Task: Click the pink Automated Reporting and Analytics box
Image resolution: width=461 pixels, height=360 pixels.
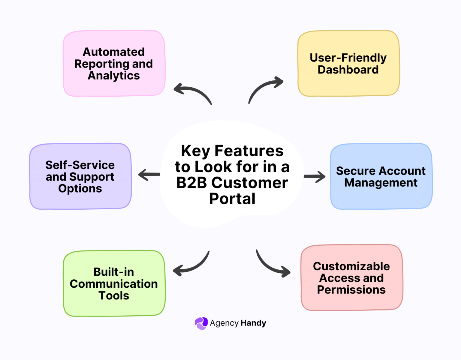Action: (114, 63)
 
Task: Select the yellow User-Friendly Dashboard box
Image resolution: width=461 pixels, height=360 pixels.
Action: (348, 63)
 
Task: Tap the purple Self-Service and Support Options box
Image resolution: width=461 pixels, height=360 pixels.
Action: (80, 176)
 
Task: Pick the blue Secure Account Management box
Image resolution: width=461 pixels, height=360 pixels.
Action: (381, 176)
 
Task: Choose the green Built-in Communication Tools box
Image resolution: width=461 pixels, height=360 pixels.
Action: (114, 283)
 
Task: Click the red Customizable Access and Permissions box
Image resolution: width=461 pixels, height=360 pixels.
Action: (352, 278)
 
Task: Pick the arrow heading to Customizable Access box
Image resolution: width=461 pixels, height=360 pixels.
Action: (272, 265)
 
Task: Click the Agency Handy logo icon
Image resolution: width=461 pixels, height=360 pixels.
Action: (201, 323)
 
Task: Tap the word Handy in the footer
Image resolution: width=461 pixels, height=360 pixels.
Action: (253, 323)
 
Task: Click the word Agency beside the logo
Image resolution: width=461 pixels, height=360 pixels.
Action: (224, 323)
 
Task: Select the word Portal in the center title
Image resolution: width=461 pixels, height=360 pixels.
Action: (232, 199)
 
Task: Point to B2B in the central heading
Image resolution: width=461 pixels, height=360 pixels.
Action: (191, 183)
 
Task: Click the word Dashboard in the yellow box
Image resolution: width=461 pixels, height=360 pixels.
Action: (348, 70)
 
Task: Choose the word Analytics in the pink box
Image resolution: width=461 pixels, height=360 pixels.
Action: (114, 76)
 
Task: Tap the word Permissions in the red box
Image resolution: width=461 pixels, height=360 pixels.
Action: (351, 290)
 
